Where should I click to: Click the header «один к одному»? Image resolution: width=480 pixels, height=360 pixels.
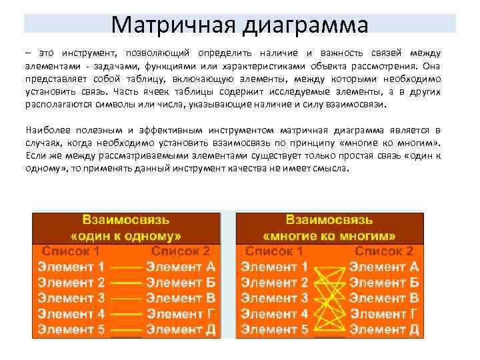[x=126, y=235]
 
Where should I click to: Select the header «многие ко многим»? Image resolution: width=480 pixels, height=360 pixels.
[x=329, y=235]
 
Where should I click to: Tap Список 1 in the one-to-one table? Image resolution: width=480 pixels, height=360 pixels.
[x=72, y=251]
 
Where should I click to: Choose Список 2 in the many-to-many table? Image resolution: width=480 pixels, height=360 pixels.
[x=383, y=251]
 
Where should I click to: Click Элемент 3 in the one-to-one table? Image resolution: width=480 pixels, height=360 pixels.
[x=71, y=298]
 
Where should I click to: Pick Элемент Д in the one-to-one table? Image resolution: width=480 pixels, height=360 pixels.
[x=181, y=329]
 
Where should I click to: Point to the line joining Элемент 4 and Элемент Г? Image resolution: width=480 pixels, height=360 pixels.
[x=126, y=314]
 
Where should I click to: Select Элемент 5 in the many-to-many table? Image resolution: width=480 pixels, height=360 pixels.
[x=275, y=329]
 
